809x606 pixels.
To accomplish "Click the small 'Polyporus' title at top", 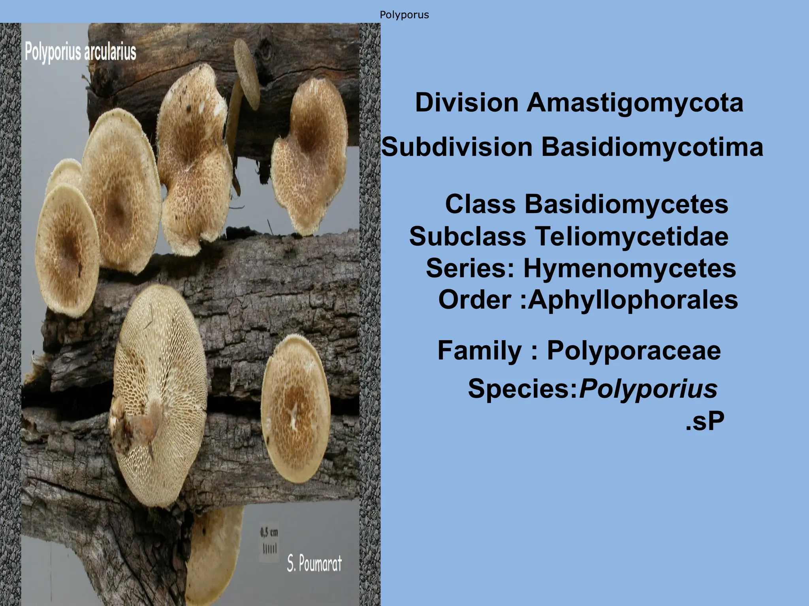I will (x=404, y=15).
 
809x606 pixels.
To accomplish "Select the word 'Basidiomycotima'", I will (x=652, y=147).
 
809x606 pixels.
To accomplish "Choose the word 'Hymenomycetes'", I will (x=630, y=268).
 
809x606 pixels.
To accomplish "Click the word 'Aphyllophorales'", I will (x=633, y=300).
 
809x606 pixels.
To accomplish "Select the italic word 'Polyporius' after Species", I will (x=648, y=388).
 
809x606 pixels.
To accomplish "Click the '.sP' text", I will (x=705, y=422).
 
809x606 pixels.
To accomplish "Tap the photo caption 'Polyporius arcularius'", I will (x=81, y=52).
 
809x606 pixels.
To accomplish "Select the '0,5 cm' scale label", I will (x=269, y=532).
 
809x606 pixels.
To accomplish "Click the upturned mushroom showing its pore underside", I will (x=160, y=395).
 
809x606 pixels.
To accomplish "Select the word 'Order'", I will (x=474, y=300).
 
